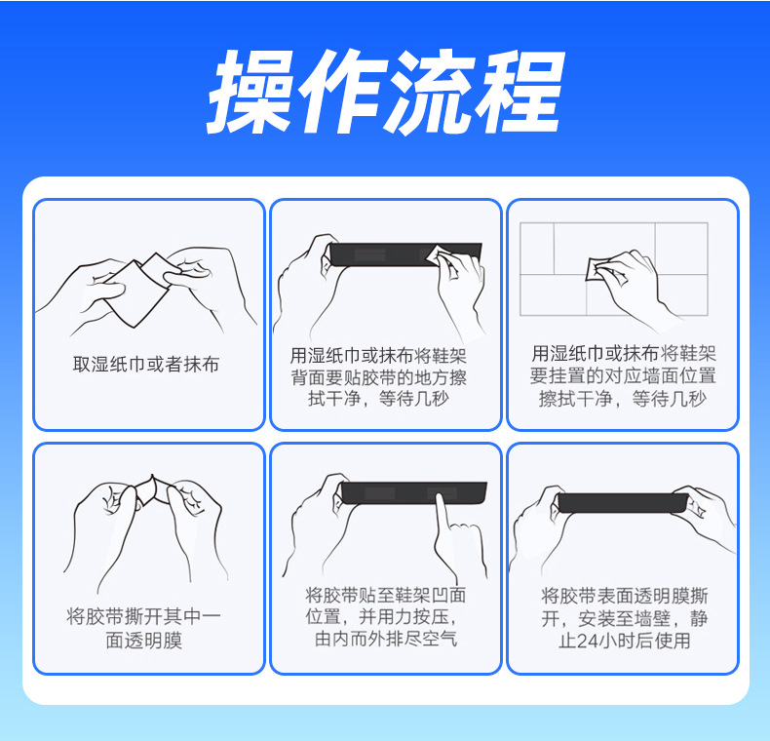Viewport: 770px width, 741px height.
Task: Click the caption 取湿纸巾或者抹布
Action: [x=146, y=365]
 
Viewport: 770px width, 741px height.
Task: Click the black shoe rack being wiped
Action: [x=385, y=254]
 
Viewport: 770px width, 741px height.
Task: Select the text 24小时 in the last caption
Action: [x=601, y=641]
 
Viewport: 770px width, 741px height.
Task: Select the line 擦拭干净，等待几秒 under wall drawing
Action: [x=623, y=399]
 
